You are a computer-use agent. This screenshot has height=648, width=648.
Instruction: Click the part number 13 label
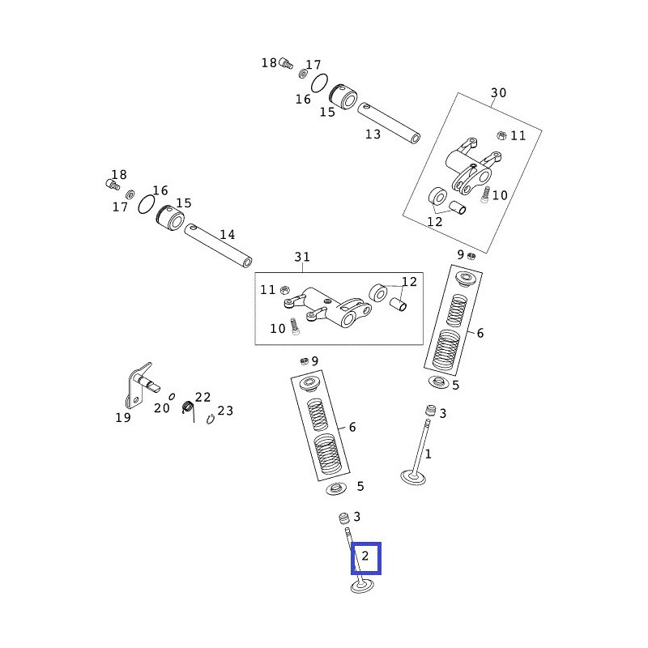[373, 134]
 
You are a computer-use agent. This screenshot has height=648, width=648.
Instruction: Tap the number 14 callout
[228, 235]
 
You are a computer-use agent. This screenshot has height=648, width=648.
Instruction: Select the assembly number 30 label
[498, 93]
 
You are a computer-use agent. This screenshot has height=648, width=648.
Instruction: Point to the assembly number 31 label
[302, 258]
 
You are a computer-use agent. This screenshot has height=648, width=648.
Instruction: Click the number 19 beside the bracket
[122, 418]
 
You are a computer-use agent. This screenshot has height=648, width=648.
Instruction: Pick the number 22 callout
[202, 397]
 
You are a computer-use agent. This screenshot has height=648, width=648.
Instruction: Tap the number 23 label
[225, 411]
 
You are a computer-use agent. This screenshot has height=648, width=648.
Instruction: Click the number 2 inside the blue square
[364, 556]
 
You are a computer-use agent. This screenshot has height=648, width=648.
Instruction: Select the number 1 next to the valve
[428, 454]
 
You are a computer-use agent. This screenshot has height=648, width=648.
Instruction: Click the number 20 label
[162, 408]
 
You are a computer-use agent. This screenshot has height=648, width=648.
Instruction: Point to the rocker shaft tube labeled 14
[218, 246]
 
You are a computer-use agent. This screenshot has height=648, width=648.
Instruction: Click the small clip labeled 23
[210, 419]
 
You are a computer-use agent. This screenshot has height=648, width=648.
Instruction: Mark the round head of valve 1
[413, 477]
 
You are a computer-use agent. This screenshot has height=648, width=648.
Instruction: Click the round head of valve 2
[362, 586]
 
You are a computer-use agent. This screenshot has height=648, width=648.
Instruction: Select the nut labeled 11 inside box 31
[285, 289]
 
